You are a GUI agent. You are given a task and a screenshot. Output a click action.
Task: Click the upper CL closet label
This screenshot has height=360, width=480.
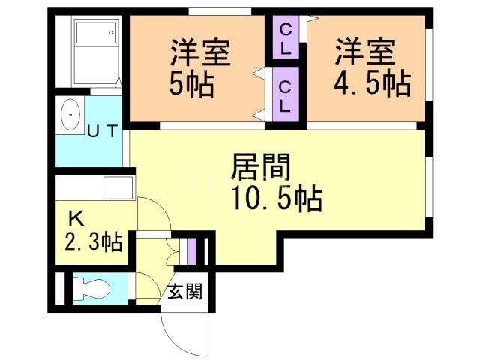(286, 37)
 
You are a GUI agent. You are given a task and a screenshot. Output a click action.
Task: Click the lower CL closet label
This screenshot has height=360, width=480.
(286, 96)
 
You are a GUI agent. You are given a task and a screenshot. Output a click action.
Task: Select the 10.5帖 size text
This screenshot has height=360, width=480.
(277, 199)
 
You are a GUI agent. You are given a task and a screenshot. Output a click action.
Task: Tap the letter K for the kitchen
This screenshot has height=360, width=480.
(76, 219)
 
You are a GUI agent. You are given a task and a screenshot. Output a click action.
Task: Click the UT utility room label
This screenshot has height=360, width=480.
(102, 132)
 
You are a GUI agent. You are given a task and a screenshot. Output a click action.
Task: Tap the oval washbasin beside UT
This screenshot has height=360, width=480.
(71, 115)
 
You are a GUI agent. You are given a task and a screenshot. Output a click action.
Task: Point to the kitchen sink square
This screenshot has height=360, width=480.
(118, 187)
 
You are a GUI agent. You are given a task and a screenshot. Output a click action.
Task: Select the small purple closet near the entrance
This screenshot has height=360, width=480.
(192, 250)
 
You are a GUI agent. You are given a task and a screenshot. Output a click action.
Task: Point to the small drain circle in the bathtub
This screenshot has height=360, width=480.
(111, 31)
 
